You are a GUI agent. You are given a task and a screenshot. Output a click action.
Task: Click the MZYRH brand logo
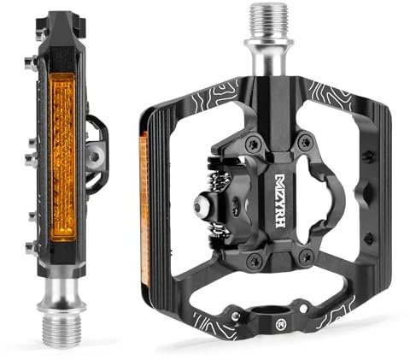(x=280, y=201)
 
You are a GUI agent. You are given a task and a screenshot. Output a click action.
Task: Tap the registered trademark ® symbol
(x=280, y=324)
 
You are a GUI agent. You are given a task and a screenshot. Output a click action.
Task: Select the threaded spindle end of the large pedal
(x=269, y=21)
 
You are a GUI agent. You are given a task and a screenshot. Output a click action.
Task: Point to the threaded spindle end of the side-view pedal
(x=61, y=331)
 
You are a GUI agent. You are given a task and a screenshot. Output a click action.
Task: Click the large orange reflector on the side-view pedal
(x=62, y=156)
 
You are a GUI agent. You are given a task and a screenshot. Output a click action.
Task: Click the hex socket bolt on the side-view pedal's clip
(x=94, y=156)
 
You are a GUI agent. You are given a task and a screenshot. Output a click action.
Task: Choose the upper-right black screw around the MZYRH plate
(x=306, y=141)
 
